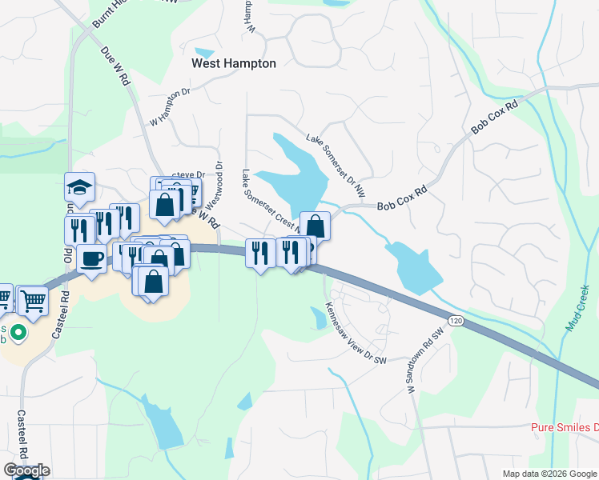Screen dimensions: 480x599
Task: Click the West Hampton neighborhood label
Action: pyautogui.click(x=234, y=63)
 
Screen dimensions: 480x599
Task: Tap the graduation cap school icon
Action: pyautogui.click(x=79, y=188)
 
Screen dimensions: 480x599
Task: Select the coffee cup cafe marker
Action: pyautogui.click(x=91, y=258)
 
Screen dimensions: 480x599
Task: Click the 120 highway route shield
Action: pyautogui.click(x=455, y=320)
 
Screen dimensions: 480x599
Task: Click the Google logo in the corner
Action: pyautogui.click(x=26, y=470)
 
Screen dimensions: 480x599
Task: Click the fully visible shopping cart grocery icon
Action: pyautogui.click(x=33, y=301)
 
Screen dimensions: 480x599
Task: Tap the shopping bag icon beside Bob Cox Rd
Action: pyautogui.click(x=316, y=226)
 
